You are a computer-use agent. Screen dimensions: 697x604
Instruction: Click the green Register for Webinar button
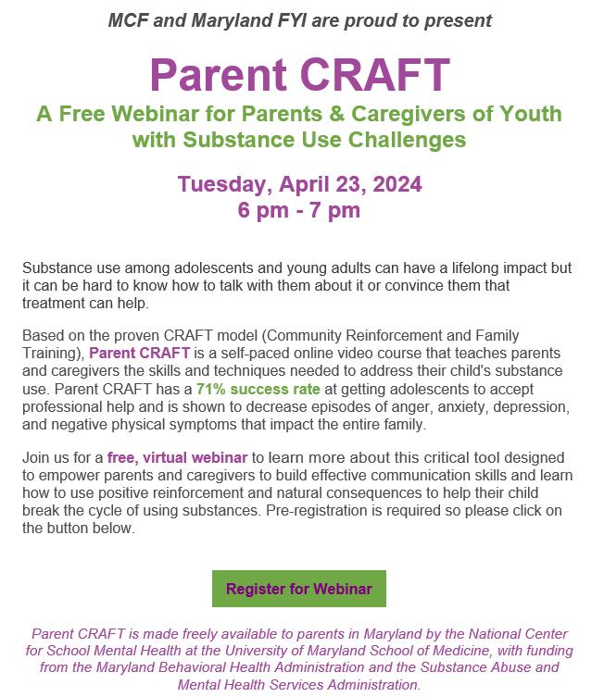coord(298,589)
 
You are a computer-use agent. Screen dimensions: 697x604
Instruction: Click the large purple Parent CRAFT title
coord(299,74)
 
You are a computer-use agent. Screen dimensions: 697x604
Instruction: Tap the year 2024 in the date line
coord(394,184)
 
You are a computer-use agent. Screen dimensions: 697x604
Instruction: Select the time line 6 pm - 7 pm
coord(298,210)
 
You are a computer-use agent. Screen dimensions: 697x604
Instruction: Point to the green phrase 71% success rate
coord(250,391)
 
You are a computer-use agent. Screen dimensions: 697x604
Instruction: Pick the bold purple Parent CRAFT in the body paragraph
coord(140,354)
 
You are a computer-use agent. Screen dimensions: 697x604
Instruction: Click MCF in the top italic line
coord(128,19)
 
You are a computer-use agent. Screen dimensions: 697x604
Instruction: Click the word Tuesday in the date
coord(219,184)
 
